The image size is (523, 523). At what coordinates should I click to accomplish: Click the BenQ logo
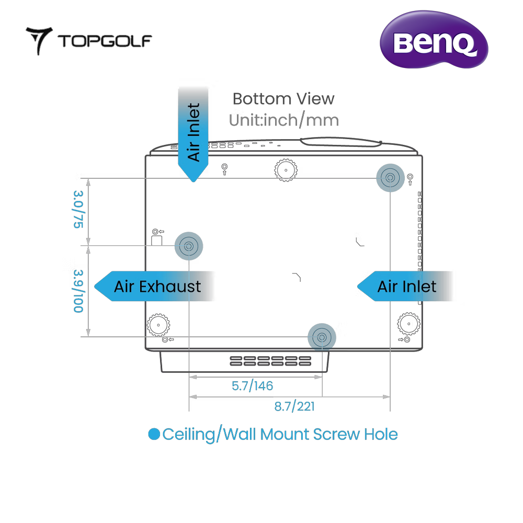click(x=433, y=42)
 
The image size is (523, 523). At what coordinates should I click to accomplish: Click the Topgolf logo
click(x=89, y=40)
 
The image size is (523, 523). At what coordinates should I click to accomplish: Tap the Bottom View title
click(x=283, y=98)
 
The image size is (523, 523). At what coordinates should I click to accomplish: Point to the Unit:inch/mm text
click(x=283, y=120)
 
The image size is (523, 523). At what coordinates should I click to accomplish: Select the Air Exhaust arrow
click(x=155, y=286)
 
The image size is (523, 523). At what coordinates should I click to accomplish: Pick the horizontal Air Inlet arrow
click(x=405, y=286)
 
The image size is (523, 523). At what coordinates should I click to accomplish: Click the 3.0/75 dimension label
click(x=78, y=210)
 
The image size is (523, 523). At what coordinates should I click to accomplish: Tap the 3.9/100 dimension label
click(x=78, y=291)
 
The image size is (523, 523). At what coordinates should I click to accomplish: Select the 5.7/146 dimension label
click(x=252, y=386)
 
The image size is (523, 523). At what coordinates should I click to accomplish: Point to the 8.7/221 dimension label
click(x=294, y=406)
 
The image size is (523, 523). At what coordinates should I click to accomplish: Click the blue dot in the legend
click(x=154, y=434)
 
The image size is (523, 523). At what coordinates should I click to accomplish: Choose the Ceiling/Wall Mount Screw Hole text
click(x=280, y=434)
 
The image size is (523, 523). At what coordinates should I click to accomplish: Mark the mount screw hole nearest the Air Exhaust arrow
click(x=188, y=245)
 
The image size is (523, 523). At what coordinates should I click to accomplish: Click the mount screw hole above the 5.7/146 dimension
click(x=322, y=336)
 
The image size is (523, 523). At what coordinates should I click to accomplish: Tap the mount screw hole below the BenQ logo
click(x=390, y=178)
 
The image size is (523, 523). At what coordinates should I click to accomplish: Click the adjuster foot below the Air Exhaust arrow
click(x=157, y=325)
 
